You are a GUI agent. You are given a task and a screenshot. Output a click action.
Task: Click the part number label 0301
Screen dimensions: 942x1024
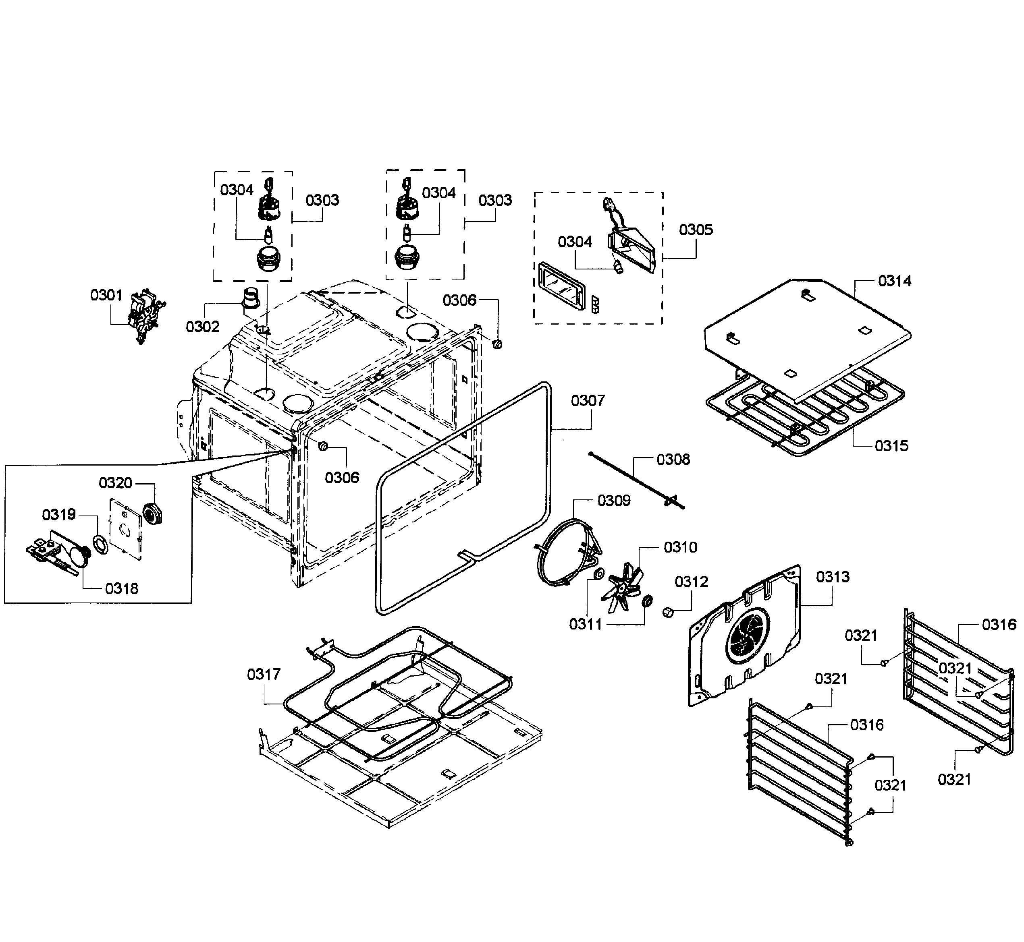point(106,295)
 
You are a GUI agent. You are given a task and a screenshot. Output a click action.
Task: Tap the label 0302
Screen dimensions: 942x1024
point(202,327)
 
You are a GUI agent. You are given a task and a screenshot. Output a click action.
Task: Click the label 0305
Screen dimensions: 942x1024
point(696,230)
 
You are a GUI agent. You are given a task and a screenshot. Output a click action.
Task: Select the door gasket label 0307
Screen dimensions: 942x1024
point(588,401)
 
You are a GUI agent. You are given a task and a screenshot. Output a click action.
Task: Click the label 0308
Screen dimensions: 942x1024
point(673,460)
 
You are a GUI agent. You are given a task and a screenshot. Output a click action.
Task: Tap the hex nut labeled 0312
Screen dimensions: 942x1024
point(667,612)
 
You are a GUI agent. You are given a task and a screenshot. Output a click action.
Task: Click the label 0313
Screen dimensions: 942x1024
point(833,577)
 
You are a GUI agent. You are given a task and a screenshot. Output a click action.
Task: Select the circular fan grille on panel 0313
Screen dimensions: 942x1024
point(748,636)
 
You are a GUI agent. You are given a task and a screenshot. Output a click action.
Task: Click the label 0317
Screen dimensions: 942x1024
point(264,675)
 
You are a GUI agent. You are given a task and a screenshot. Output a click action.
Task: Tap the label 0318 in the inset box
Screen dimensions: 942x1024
point(121,589)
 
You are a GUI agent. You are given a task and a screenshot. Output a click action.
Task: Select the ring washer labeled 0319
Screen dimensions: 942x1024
point(100,544)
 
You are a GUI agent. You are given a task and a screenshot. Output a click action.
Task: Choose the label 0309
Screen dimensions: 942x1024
point(613,501)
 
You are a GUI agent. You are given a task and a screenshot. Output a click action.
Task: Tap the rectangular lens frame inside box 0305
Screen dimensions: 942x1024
point(560,286)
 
